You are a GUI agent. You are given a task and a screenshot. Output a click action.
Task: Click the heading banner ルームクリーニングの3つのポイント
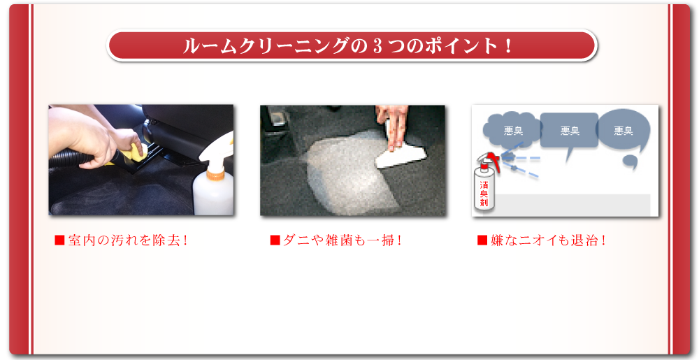[352, 46]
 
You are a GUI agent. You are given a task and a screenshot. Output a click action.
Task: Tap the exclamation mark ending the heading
[508, 47]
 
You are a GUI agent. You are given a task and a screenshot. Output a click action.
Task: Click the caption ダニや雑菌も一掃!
[343, 240]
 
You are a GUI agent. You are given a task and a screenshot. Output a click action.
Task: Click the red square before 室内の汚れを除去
[59, 240]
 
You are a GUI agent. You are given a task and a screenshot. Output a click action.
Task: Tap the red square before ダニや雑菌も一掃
[275, 240]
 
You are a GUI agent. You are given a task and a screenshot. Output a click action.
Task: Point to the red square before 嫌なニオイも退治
[482, 240]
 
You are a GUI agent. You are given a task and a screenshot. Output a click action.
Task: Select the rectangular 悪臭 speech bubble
[569, 131]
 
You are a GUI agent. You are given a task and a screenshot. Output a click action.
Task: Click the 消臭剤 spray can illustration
[484, 187]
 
